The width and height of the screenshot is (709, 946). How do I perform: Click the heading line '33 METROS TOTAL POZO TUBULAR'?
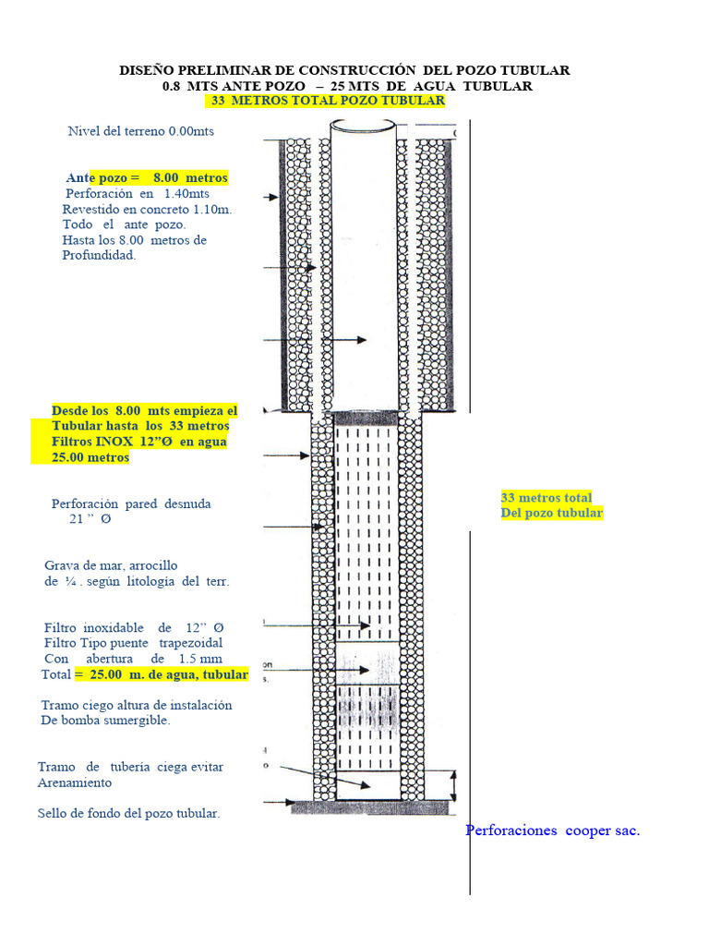pyautogui.click(x=328, y=100)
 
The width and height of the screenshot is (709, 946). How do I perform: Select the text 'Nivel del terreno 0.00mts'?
pyautogui.click(x=140, y=131)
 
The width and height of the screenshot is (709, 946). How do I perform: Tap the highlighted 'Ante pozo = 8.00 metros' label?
pyautogui.click(x=147, y=176)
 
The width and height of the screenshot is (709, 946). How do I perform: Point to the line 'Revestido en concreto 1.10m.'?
pyautogui.click(x=147, y=209)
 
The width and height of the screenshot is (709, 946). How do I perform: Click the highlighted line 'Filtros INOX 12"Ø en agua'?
pyautogui.click(x=139, y=442)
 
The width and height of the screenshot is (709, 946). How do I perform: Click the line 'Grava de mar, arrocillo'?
pyautogui.click(x=111, y=564)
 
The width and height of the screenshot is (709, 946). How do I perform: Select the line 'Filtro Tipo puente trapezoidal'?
pyautogui.click(x=133, y=642)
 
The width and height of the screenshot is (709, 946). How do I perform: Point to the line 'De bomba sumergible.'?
pyautogui.click(x=106, y=721)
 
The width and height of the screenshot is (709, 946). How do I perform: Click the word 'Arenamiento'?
pyautogui.click(x=75, y=782)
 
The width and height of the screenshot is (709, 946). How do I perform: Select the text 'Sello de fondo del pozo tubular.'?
pyautogui.click(x=128, y=813)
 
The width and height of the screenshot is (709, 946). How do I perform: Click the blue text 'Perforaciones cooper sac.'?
pyautogui.click(x=552, y=831)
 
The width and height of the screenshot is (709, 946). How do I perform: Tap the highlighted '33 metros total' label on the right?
pyautogui.click(x=547, y=497)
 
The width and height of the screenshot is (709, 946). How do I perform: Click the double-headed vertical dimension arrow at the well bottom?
pyautogui.click(x=452, y=785)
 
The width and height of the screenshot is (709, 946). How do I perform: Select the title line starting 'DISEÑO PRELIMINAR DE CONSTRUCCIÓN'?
pyautogui.click(x=345, y=70)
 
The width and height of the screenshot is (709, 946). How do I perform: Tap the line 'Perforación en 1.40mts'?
pyautogui.click(x=138, y=193)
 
